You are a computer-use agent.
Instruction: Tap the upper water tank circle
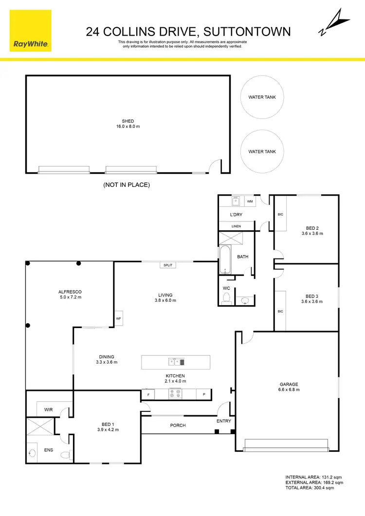[x=262, y=97]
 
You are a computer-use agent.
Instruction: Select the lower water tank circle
[x=262, y=151]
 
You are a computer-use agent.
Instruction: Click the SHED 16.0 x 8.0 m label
[x=128, y=124]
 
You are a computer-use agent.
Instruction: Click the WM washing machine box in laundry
[x=250, y=201]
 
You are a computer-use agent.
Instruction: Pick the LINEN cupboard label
[x=236, y=226]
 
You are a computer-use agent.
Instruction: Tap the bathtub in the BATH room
[x=225, y=259]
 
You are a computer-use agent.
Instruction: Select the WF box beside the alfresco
[x=118, y=319]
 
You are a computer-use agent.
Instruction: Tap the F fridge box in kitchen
[x=147, y=394]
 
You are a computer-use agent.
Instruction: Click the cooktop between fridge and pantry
[x=175, y=394]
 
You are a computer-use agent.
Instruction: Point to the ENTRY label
[x=224, y=421]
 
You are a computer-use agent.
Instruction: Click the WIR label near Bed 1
[x=48, y=410]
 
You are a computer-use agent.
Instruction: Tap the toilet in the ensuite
[x=65, y=455]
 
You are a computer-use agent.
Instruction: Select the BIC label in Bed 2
[x=280, y=214]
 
